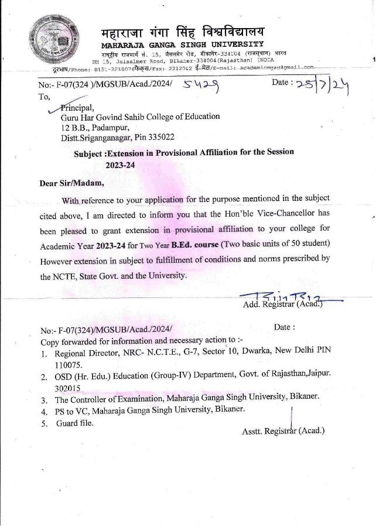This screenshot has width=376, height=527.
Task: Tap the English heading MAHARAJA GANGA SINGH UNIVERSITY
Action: click(182, 45)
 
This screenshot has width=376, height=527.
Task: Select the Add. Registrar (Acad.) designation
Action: click(282, 304)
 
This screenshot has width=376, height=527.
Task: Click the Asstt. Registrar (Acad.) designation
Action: click(283, 432)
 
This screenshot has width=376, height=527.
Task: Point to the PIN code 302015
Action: click(67, 388)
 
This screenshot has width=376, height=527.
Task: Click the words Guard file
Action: click(74, 423)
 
